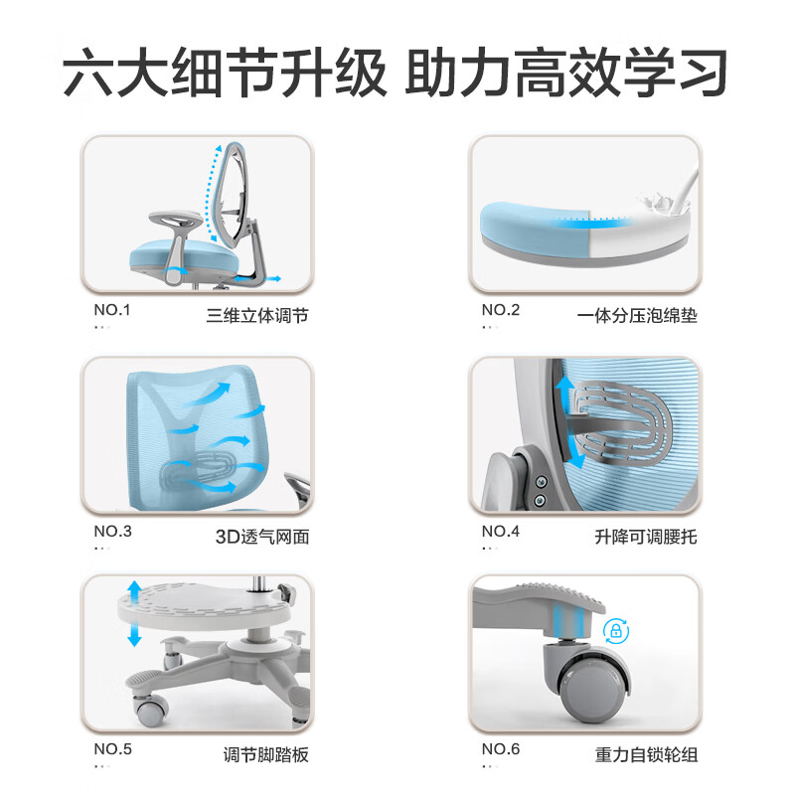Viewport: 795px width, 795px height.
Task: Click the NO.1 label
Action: (x=112, y=309)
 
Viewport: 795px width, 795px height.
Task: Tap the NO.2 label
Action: (x=501, y=309)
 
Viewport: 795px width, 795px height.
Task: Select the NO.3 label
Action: (x=112, y=531)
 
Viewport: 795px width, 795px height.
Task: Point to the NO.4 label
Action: (x=501, y=531)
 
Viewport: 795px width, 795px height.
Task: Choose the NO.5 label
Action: (x=112, y=749)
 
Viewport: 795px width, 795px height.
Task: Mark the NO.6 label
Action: (x=501, y=749)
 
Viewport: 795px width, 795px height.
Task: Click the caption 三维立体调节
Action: (x=257, y=317)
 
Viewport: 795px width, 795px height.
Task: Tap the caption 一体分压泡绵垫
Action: (x=637, y=317)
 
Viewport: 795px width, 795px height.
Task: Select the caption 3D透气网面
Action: (x=262, y=538)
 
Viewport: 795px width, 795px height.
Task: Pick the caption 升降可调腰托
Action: (x=646, y=538)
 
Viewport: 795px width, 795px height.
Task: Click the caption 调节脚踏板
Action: (x=265, y=755)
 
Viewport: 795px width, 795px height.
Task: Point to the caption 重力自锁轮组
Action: (x=646, y=755)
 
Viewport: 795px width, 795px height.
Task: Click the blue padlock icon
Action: (x=615, y=631)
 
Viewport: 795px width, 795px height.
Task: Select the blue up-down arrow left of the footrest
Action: (x=133, y=615)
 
